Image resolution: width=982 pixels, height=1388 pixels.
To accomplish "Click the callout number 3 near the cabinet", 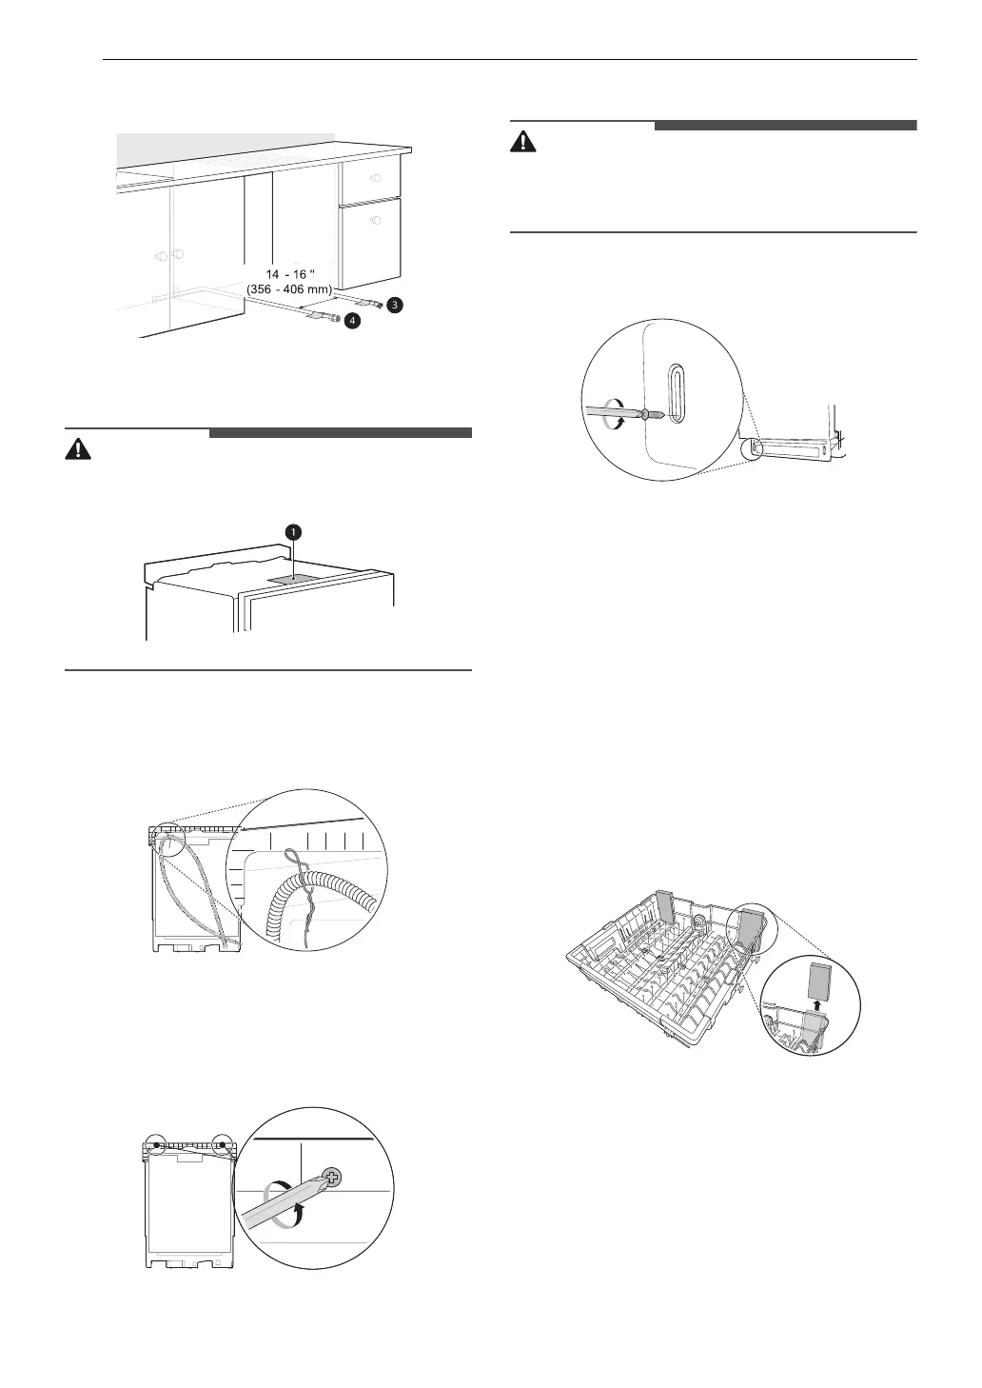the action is pos(394,305).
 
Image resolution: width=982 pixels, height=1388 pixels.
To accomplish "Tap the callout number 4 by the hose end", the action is pos(352,322).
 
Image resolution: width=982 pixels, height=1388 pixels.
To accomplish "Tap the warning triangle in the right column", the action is pos(522,143).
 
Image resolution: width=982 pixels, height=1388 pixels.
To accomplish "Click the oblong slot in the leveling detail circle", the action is pos(674,391).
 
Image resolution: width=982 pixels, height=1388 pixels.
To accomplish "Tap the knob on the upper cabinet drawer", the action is pos(374,178).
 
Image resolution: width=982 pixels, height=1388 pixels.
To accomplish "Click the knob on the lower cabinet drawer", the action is pos(375,221).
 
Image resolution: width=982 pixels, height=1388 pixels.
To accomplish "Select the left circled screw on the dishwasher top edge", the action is pos(156,1144).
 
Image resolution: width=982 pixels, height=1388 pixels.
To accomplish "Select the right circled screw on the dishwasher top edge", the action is pos(223,1144).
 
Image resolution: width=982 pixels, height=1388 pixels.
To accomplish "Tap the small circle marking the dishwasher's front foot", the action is pos(756,446).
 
